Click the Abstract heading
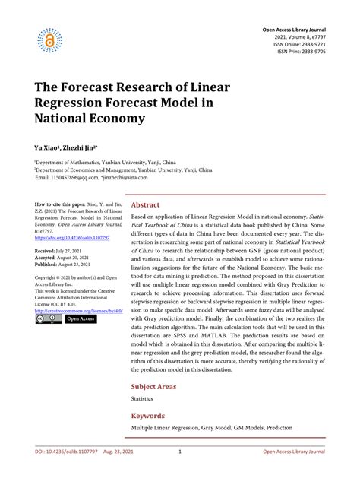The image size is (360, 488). tap(146, 205)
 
